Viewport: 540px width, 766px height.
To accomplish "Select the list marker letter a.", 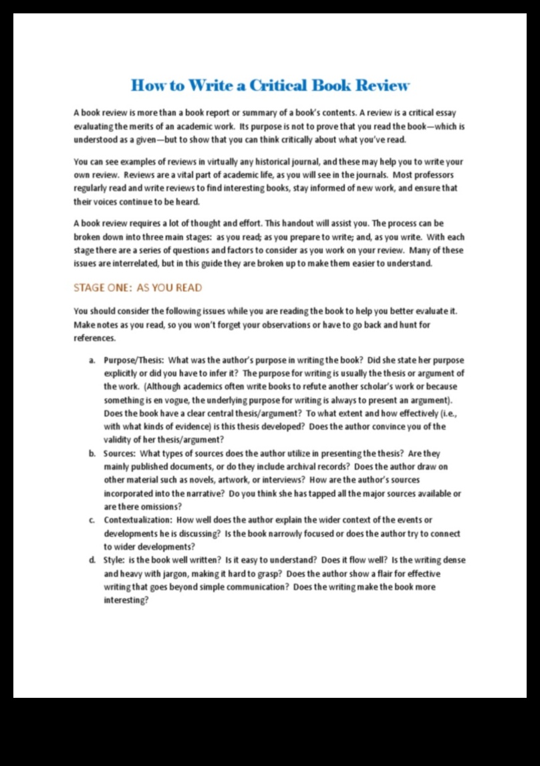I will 92,360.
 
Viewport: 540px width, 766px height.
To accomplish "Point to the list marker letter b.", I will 92,454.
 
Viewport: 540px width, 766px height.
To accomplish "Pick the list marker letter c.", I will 92,520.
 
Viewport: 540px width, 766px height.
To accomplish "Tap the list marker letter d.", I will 92,560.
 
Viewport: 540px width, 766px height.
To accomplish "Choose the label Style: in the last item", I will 114,560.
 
